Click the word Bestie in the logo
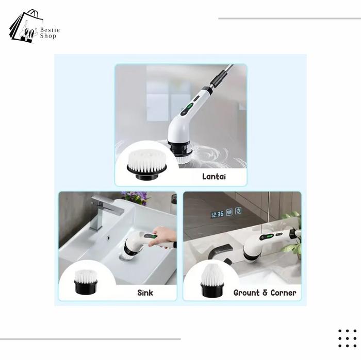click(x=50, y=30)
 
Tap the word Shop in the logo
click(x=48, y=36)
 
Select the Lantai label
click(x=214, y=177)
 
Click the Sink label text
click(x=145, y=293)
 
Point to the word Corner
click(x=283, y=293)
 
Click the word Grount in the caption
click(x=247, y=293)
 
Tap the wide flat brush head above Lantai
click(x=147, y=165)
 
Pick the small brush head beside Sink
click(x=86, y=282)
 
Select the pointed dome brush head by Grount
click(x=212, y=281)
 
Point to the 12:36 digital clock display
click(x=217, y=214)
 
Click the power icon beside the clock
click(x=238, y=211)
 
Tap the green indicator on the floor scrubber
click(x=190, y=107)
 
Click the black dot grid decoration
click(x=348, y=338)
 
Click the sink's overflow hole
click(x=108, y=238)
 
